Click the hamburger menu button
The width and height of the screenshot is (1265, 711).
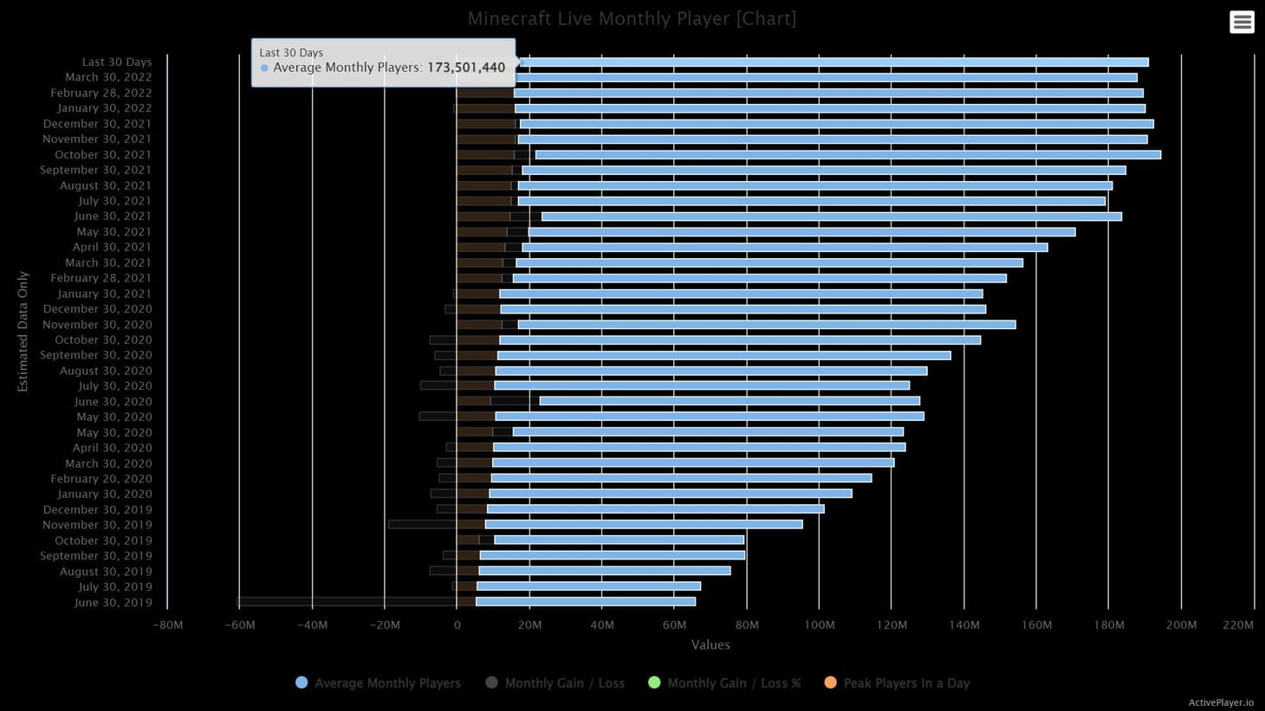coord(1242,23)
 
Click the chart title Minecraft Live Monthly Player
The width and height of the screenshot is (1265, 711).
coord(632,19)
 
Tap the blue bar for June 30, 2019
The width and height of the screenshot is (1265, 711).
coord(585,602)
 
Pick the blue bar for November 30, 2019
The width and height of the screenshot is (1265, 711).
coord(644,525)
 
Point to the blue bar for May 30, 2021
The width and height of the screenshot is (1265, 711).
coord(801,232)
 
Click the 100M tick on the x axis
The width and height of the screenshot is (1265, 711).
coord(819,625)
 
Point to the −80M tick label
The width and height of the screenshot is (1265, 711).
coord(167,625)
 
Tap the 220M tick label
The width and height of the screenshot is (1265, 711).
coord(1238,625)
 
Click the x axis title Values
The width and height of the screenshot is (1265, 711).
coord(710,645)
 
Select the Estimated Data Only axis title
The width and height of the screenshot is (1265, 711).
coord(23,332)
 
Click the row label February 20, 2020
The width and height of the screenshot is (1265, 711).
coord(101,479)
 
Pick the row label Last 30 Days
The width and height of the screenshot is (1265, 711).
coord(117,62)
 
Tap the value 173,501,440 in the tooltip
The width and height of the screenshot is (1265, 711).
coord(466,68)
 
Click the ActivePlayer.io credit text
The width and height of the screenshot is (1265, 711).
coord(1221,702)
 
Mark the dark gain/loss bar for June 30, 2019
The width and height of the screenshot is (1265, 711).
coord(347,602)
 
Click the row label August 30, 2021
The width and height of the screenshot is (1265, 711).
coord(106,186)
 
